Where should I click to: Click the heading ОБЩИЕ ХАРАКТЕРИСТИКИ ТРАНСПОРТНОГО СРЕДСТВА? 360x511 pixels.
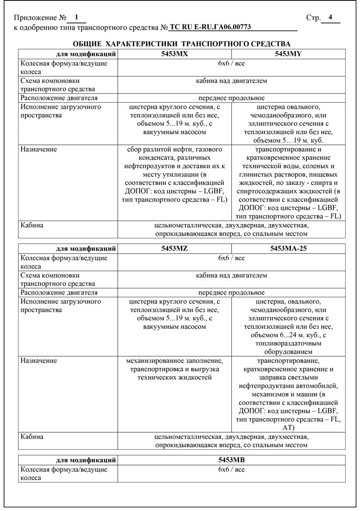(x=181, y=44)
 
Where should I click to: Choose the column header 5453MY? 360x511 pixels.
(x=288, y=54)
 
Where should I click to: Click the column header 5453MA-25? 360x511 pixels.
(x=288, y=248)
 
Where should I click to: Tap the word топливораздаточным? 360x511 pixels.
(x=288, y=343)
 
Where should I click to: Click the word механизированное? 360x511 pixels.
(x=156, y=361)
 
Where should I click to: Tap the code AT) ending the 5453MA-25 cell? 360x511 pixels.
(x=288, y=428)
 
